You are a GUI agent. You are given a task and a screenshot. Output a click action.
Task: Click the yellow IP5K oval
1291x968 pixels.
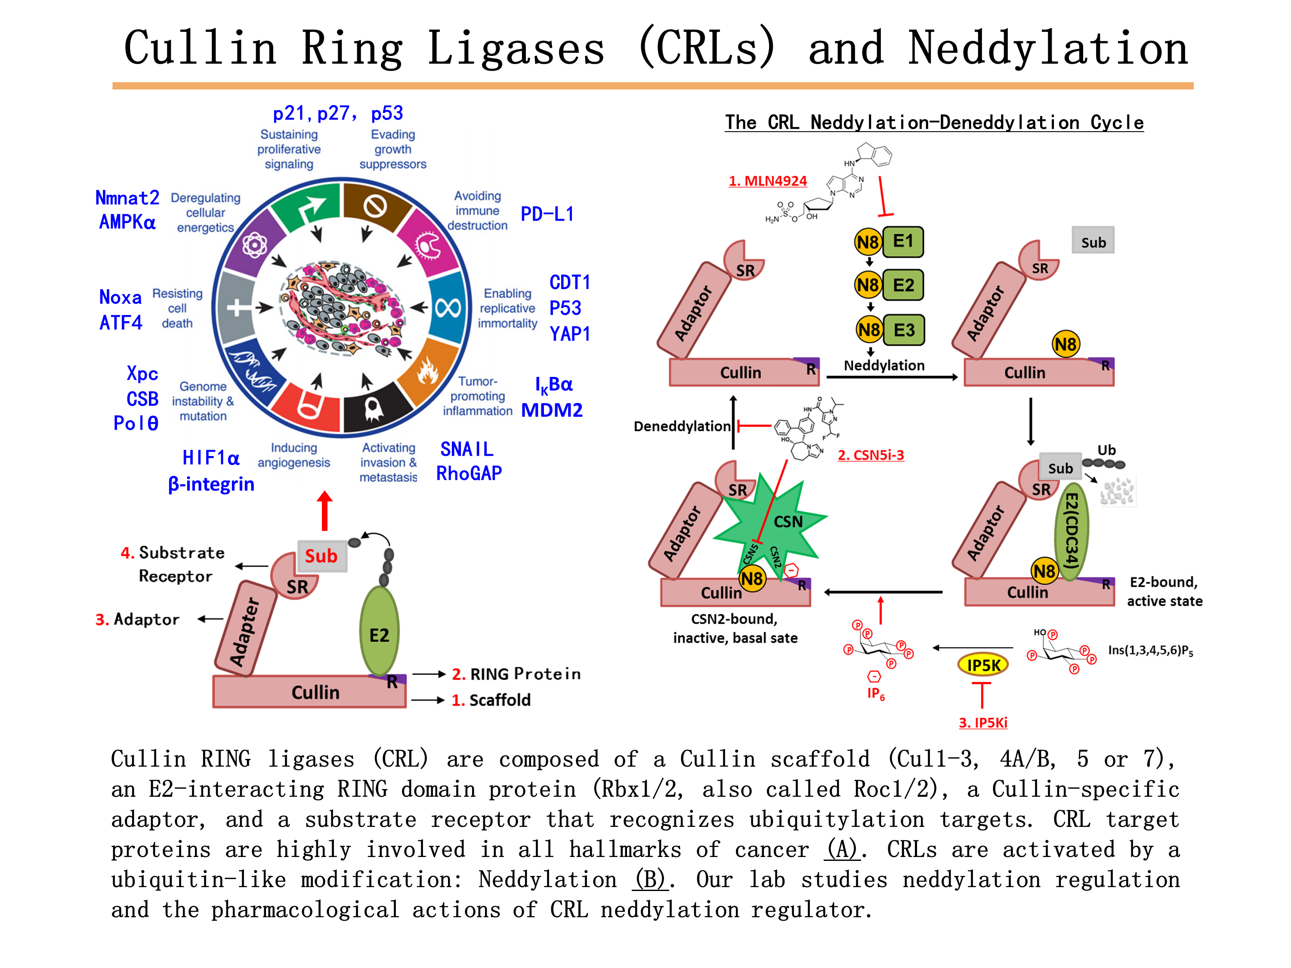(x=983, y=665)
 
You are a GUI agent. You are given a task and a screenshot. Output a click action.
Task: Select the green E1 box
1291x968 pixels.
(x=902, y=241)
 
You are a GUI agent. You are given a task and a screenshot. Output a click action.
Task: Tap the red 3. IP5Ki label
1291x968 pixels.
(x=983, y=722)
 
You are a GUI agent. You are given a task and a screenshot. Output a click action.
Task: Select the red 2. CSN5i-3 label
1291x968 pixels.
(x=871, y=455)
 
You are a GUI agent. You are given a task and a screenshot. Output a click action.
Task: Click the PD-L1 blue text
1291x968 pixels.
(x=547, y=214)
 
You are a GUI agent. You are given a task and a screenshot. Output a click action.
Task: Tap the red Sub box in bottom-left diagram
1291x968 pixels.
(x=321, y=555)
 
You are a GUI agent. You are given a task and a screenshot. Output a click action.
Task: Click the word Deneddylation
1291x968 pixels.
(x=682, y=426)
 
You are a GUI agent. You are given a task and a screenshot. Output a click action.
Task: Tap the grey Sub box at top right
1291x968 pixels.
(x=1093, y=241)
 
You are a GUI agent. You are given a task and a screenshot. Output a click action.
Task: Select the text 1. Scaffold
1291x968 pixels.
(x=491, y=700)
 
